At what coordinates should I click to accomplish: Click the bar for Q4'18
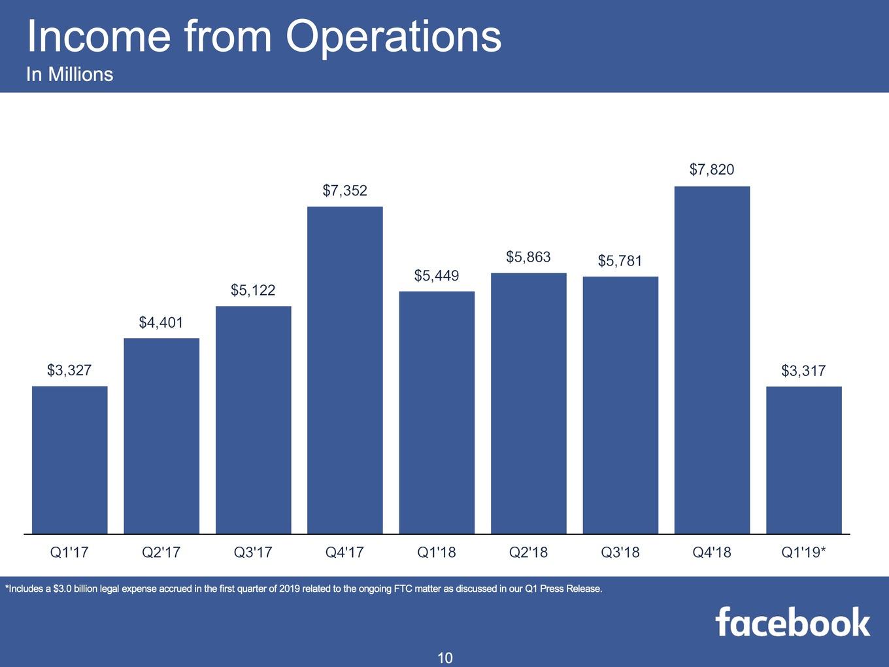712,360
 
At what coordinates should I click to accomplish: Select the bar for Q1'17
70,460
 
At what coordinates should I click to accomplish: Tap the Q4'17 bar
345,370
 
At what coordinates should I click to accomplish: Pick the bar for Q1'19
804,460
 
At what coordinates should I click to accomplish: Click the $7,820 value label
712,169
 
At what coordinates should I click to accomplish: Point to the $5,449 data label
437,276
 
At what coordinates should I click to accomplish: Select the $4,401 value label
161,322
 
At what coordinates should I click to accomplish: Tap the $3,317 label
803,371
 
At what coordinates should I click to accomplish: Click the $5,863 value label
529,257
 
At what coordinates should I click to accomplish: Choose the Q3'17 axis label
253,552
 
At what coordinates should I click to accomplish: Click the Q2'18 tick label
529,552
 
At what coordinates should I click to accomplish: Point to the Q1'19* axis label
803,552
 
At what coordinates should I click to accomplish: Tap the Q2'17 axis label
161,552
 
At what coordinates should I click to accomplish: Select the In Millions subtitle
70,75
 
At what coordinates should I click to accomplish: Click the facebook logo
793,622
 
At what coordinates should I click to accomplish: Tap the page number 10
444,658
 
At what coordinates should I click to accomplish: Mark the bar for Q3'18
620,405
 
